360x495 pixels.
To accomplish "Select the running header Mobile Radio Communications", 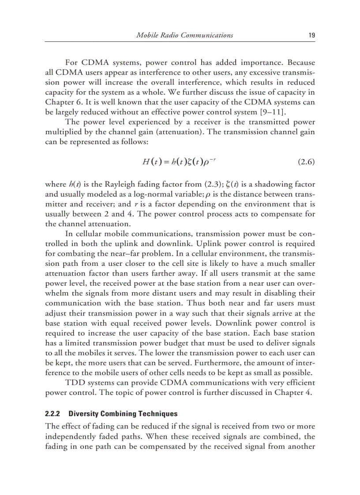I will click(185, 35).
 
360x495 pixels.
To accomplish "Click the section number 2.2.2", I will click(53, 414).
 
